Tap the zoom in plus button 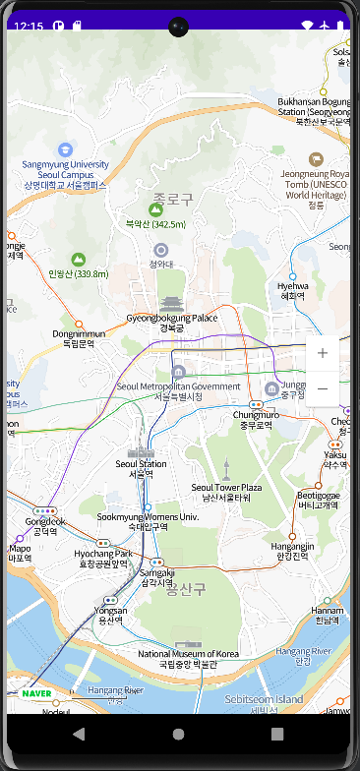322,353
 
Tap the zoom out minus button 322,389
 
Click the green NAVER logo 35,693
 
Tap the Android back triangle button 79,734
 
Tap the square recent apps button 277,734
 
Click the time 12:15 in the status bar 30,26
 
